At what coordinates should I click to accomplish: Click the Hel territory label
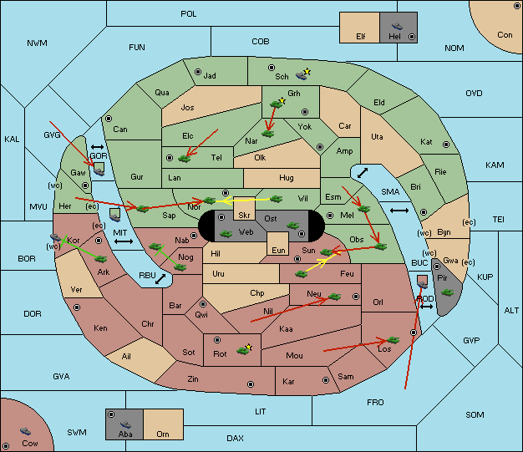coord(394,37)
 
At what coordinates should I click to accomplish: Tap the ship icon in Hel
coord(397,26)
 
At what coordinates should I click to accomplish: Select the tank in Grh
coord(277,104)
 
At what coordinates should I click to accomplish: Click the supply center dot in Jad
coord(198,72)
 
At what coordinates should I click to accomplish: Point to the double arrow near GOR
coord(97,147)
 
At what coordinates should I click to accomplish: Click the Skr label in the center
coord(244,216)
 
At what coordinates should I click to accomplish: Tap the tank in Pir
coord(447,292)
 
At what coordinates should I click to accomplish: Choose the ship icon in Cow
coord(25,431)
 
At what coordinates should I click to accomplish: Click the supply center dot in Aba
coord(111,414)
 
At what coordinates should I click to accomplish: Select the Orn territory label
coord(163,434)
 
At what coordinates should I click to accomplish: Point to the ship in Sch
coord(302,76)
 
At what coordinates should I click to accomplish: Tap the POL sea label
coord(189,14)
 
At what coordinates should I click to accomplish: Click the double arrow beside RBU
coord(160,279)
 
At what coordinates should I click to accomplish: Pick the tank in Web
coord(226,234)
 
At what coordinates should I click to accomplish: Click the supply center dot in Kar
coord(326,380)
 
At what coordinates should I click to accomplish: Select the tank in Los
coord(393,340)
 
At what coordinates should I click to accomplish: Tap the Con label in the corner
coord(505,35)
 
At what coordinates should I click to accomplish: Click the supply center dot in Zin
coord(251,384)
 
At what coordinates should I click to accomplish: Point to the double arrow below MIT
coord(124,241)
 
